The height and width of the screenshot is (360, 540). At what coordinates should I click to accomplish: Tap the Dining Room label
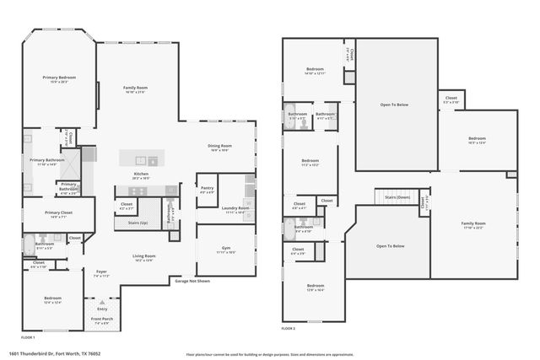point(220,146)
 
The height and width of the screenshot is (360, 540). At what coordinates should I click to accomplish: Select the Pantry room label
point(206,190)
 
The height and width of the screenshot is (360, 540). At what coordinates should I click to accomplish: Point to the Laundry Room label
point(235,207)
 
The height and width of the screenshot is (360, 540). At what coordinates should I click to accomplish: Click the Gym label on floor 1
point(226,249)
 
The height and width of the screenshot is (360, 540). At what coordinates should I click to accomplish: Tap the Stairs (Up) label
point(137,223)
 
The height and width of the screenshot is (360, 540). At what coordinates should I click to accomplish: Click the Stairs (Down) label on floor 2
point(397,196)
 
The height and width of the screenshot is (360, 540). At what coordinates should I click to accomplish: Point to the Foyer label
point(100,271)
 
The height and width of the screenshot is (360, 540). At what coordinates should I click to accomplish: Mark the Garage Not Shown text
point(192,280)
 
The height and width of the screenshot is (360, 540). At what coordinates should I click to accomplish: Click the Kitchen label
point(141,175)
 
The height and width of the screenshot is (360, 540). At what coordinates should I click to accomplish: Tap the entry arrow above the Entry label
point(103,300)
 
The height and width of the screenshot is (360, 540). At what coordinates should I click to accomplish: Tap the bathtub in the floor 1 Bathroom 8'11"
point(29,246)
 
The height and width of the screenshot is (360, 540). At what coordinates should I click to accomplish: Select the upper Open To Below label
point(395,105)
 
